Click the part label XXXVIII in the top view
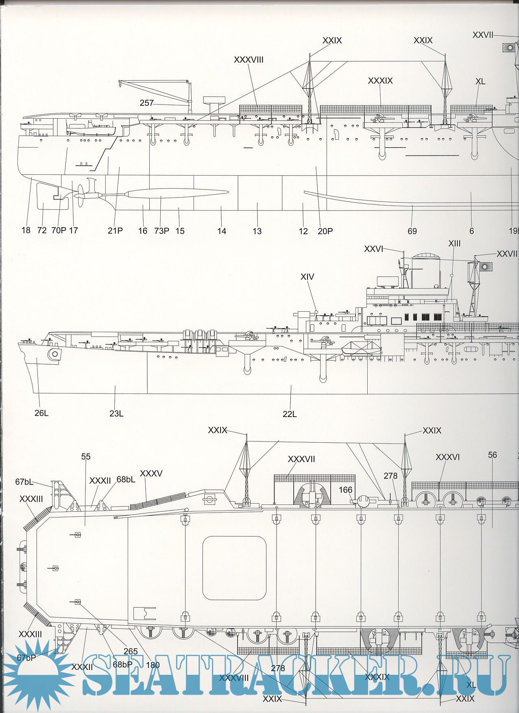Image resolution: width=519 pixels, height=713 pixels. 249,60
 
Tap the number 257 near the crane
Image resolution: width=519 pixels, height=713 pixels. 146,103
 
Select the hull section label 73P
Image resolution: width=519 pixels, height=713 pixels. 161,231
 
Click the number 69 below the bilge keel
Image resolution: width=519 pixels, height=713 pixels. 412,231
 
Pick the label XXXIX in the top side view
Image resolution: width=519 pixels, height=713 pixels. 380,81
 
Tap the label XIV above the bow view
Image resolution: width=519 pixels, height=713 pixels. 307,277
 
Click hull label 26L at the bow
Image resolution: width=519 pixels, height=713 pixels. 41,413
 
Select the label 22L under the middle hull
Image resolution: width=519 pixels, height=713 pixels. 290,414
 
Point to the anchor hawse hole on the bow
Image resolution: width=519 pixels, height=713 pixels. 54,354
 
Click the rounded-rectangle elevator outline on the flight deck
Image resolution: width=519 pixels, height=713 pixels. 234,568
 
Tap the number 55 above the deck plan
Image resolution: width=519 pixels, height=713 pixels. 86,456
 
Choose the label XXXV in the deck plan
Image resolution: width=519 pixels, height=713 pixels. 151,474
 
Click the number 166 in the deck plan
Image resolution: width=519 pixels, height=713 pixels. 345,490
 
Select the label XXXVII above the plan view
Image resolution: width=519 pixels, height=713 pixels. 301,459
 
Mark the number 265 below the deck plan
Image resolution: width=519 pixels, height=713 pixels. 131,651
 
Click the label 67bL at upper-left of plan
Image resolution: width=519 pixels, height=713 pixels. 24,482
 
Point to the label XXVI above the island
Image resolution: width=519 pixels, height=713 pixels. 373,249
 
